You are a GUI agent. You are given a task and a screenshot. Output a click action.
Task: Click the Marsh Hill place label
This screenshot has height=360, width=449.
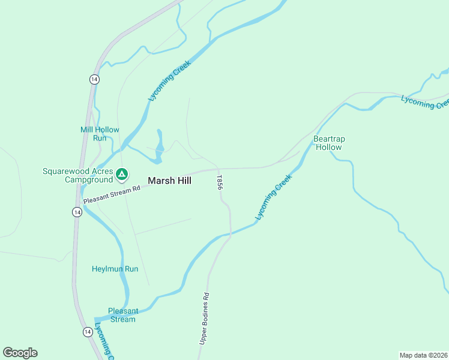pos(169,180)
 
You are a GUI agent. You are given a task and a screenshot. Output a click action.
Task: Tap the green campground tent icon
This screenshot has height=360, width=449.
pos(122,175)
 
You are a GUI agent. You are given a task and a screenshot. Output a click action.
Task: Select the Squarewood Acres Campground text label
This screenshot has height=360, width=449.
pos(77,175)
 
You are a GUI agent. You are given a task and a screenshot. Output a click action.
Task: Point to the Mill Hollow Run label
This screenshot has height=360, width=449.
pos(100,134)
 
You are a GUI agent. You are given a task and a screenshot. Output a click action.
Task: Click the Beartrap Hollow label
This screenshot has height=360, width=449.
pos(329,143)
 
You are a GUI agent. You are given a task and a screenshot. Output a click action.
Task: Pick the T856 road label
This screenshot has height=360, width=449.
pos(220,183)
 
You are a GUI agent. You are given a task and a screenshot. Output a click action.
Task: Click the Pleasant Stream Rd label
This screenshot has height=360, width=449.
pos(112,193)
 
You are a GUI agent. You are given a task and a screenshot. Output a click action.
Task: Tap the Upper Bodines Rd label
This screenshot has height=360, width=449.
pos(205,318)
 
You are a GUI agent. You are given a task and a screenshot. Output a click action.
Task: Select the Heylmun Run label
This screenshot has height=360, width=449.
pos(115,269)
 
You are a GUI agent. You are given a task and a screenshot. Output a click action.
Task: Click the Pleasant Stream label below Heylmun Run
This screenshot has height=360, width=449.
pos(123,315)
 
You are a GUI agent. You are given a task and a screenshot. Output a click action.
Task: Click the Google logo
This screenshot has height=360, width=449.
pos(20,353)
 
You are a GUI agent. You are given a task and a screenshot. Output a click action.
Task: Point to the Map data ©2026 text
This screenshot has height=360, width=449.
pos(423,355)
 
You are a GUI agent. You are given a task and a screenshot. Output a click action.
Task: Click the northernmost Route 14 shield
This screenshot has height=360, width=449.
pos(94,79)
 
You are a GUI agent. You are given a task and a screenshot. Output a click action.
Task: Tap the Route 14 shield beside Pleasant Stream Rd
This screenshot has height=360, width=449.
pos(77,212)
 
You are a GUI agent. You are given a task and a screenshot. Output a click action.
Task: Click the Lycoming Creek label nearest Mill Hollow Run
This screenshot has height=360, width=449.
pos(169,80)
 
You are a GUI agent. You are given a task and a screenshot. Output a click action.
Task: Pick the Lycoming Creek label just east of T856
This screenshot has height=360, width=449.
pos(274,196)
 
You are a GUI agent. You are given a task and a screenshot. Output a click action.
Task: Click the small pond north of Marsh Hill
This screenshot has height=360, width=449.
pos(160,146)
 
